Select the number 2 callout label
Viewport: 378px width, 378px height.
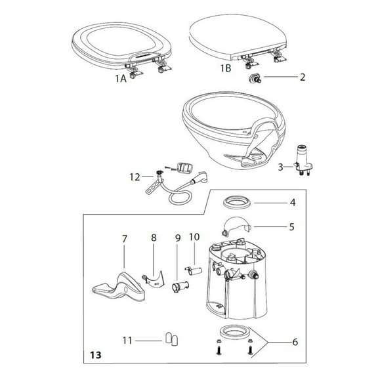coord(302,77)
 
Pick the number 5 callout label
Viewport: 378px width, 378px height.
coord(292,227)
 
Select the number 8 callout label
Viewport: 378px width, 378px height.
coord(154,239)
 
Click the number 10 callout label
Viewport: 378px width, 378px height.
coord(194,236)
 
